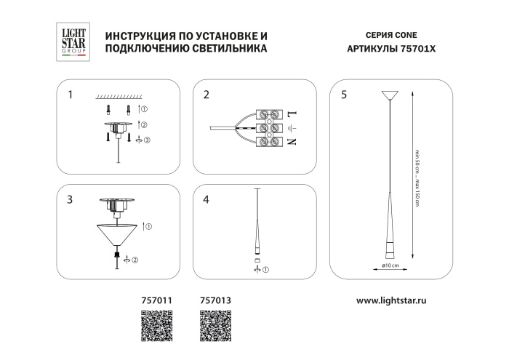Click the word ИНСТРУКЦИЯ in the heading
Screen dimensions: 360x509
140,34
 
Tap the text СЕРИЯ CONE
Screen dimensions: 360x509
389,34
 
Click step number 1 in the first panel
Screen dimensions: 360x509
70,95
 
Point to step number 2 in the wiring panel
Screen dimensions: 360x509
207,95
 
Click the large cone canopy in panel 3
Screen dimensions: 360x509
117,235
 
